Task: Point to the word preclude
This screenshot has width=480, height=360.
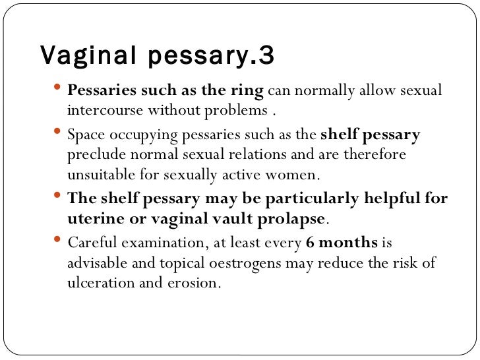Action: click(94, 156)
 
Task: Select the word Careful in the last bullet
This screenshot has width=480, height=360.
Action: click(90, 243)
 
